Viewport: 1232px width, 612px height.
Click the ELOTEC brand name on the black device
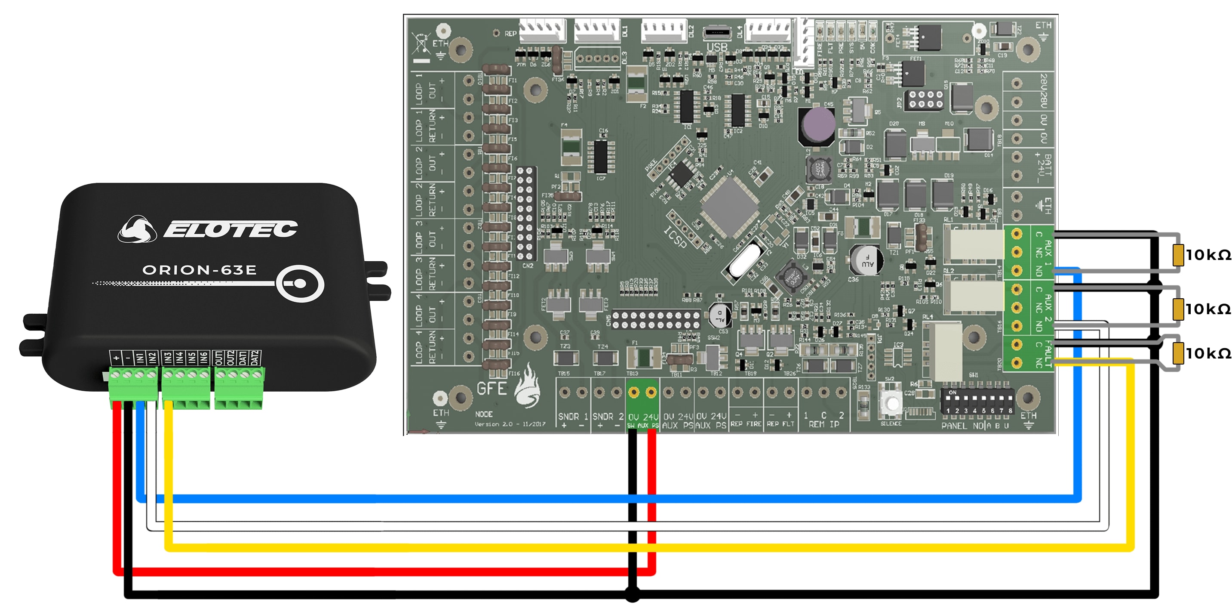tap(230, 229)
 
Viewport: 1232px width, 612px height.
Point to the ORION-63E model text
tap(200, 270)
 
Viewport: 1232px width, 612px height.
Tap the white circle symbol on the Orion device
tap(300, 284)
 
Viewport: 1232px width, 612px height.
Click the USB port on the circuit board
tap(716, 34)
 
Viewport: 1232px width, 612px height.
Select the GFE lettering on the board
tap(492, 389)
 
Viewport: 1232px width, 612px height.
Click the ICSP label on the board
tap(675, 237)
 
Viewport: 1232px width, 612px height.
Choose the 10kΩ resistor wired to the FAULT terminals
tap(1178, 353)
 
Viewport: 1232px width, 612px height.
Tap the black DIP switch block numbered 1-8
tap(977, 401)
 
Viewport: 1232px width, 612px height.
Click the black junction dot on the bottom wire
tap(632, 595)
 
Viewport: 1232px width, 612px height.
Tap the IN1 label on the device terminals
tap(140, 358)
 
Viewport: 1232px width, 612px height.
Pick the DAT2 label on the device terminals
tap(255, 358)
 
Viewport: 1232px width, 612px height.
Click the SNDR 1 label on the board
tap(573, 416)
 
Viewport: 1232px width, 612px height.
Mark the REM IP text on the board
tap(821, 424)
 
